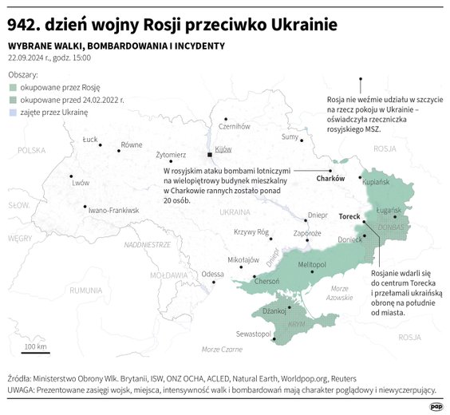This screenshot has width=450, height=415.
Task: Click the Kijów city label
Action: point(223,149)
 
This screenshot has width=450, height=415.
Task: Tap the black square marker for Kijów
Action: point(209,154)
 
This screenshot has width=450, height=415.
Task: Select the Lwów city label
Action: point(81,183)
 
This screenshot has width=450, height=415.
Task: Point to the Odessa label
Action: point(212,274)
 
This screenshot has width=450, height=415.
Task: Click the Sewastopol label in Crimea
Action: point(253,334)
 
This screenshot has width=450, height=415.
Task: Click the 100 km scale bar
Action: point(36,351)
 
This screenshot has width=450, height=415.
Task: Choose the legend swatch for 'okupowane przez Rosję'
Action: point(12,86)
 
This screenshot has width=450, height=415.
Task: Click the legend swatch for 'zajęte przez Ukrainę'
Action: point(12,113)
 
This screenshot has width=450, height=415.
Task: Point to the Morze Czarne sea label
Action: point(221,350)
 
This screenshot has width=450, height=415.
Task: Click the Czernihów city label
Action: point(235,126)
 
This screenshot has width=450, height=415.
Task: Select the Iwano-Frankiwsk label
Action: point(114,211)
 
